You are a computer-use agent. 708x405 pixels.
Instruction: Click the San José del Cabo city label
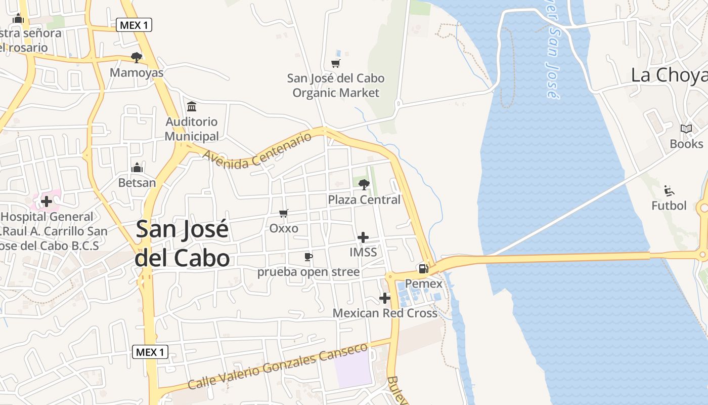pos(183,244)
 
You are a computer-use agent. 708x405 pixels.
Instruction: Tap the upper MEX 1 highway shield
pos(134,25)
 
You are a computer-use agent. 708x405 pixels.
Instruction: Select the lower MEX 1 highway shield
pos(150,352)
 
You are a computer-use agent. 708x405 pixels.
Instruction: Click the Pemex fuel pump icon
pos(423,268)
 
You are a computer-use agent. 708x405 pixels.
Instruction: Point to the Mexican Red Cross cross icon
pos(385,298)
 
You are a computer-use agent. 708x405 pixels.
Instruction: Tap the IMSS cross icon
pos(363,237)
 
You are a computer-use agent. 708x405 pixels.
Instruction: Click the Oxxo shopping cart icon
pos(284,214)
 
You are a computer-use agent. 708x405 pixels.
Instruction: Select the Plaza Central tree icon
pos(364,184)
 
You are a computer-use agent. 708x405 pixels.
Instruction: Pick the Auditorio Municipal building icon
pos(192,107)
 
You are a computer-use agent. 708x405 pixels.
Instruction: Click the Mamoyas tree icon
pos(136,58)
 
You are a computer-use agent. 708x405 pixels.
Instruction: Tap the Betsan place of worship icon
pos(137,168)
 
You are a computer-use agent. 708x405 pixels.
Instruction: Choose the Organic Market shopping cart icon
pos(335,63)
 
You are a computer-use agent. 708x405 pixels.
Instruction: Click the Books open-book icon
pos(686,129)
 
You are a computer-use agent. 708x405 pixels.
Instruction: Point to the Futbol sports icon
pos(669,191)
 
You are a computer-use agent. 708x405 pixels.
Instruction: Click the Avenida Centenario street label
pos(257,151)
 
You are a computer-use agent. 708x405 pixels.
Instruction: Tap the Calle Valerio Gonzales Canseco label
pos(277,367)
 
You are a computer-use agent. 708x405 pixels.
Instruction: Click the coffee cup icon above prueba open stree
pos(308,257)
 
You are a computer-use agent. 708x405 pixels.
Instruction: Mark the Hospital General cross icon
pos(46,201)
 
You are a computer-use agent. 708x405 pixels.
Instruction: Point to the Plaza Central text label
pos(364,200)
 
